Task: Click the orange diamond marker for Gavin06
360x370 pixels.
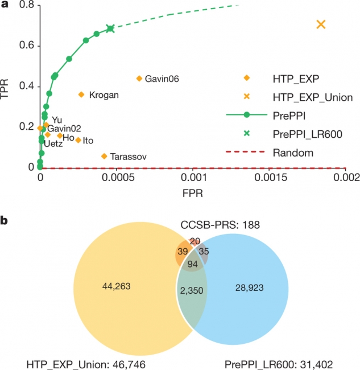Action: point(139,79)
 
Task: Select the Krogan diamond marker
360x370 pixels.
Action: point(81,94)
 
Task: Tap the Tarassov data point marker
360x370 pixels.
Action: point(104,156)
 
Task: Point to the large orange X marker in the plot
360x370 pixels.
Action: point(321,24)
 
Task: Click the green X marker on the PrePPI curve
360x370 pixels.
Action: point(110,28)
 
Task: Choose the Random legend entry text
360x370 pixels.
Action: point(293,153)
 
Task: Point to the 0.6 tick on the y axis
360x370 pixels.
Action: point(27,46)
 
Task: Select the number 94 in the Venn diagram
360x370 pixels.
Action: point(193,264)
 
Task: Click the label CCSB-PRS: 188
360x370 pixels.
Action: point(221,225)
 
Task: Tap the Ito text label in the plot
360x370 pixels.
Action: point(88,141)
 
